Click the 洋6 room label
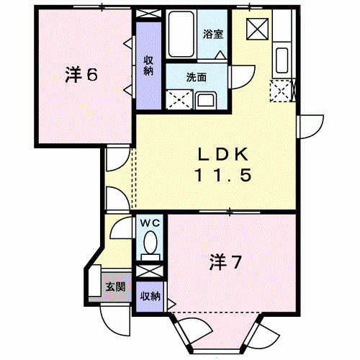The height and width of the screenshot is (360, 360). point(81,74)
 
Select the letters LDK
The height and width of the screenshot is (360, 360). point(223,155)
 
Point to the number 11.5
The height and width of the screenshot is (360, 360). point(223,176)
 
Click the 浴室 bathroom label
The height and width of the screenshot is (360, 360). point(213,34)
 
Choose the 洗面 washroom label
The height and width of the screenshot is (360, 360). point(197,78)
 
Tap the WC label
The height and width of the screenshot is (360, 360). point(150,223)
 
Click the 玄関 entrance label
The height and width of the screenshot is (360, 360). point(115,287)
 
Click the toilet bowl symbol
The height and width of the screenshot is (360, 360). point(150,247)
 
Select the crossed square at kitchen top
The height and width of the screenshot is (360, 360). point(256,30)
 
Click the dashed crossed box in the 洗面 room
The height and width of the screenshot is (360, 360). point(176,99)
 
